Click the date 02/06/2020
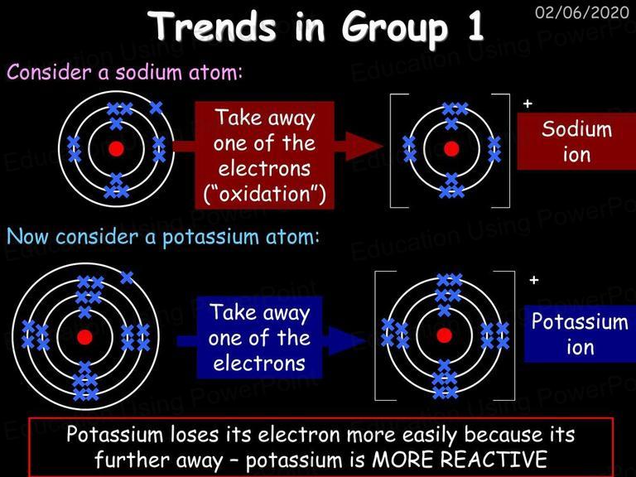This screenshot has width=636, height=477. coord(582,12)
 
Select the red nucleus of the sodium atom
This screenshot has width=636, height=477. coord(116,149)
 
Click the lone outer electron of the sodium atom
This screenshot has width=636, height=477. coord(156,108)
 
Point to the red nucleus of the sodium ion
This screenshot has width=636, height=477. coord(451,149)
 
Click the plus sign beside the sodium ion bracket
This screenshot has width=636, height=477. coord(528,104)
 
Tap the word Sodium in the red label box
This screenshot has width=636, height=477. coord(576,129)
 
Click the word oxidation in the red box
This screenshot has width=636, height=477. coord(265,194)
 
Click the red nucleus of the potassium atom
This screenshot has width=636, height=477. coord(84,337)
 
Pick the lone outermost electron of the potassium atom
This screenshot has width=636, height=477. coord(127,278)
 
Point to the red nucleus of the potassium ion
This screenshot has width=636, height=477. coord(444,335)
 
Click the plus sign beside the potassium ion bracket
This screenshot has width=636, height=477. coord(534,280)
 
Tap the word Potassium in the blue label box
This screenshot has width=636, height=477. coord(580,321)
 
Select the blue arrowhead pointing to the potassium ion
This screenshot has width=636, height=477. coord(347,340)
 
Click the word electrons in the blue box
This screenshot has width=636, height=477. coord(259,364)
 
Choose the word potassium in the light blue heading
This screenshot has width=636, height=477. coord(210,238)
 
